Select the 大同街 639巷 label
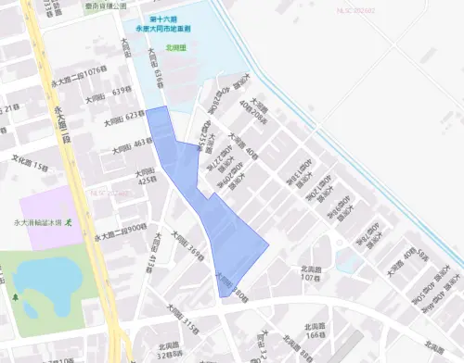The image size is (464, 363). (x=110, y=92)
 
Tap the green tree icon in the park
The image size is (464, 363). (x=16, y=296)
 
